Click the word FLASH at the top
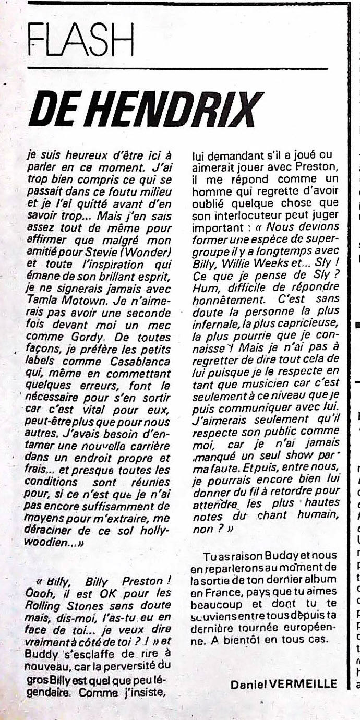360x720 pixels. click(x=81, y=40)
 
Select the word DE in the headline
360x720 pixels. click(x=50, y=110)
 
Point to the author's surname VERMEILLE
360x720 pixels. click(x=308, y=684)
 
